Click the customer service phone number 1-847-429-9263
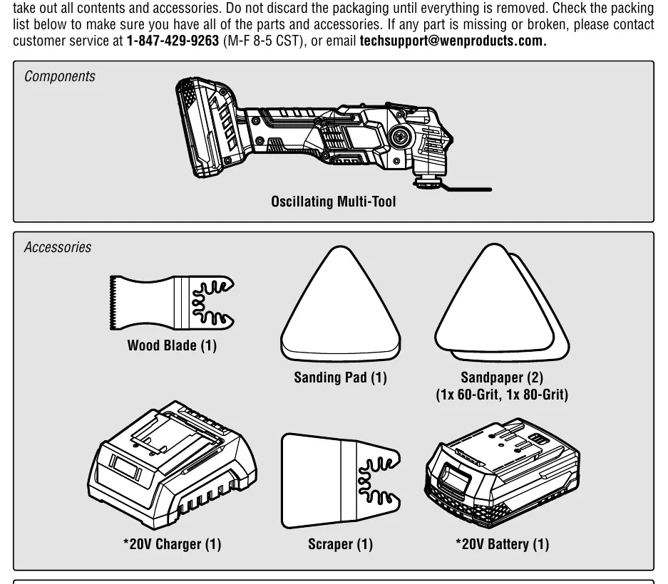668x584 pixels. (x=173, y=41)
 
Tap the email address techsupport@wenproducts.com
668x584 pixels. (x=453, y=41)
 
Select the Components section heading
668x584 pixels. (x=60, y=76)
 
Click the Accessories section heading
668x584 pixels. (x=58, y=247)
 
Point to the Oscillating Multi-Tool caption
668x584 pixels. (x=334, y=202)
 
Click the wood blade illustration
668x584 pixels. (x=172, y=303)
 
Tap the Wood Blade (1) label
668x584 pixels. (x=172, y=345)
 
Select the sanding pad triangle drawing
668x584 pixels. (x=340, y=303)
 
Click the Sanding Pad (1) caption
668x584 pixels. (x=340, y=377)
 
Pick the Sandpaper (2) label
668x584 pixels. (x=502, y=377)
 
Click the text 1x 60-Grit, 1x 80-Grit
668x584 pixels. (x=502, y=395)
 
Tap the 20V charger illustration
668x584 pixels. (x=173, y=465)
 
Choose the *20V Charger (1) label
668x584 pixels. (x=172, y=544)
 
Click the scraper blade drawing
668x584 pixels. (x=340, y=481)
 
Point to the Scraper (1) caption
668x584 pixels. (x=340, y=544)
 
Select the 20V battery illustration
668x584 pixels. (x=503, y=471)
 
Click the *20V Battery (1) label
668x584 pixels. (x=503, y=544)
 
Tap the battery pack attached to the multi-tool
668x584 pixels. (x=207, y=127)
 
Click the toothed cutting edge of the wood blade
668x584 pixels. (x=113, y=303)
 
